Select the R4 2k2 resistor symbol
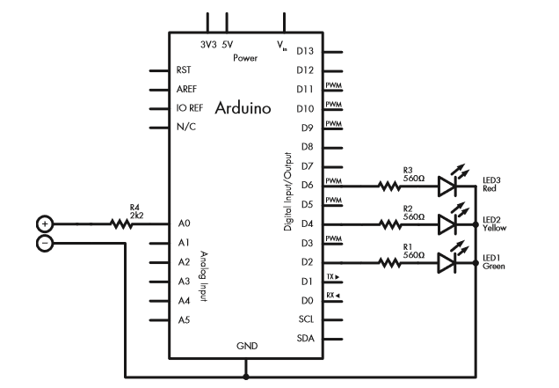click(x=121, y=223)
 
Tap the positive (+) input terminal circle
click(x=46, y=223)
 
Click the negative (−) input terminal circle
click(x=46, y=241)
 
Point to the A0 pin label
click(x=183, y=223)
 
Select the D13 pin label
click(x=306, y=52)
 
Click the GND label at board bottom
click(x=247, y=347)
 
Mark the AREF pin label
click(x=185, y=89)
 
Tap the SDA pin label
click(x=306, y=338)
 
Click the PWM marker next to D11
click(x=333, y=85)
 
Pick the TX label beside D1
click(x=332, y=276)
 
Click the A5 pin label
click(x=183, y=319)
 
